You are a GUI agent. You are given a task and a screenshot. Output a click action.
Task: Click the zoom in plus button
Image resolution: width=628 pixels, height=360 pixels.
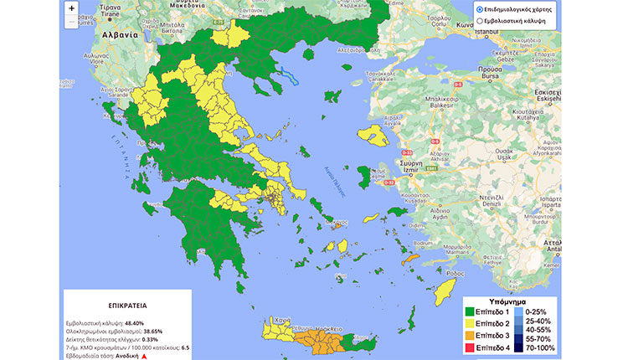(x=71, y=8)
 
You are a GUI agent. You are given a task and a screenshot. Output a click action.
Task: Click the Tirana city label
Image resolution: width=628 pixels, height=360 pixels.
(x=111, y=14)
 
